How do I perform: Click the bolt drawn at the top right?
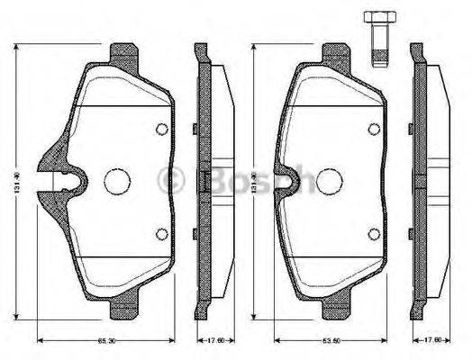point(377,40)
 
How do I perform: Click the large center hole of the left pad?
point(116,181)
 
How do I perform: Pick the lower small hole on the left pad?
point(161,235)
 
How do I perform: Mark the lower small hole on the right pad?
point(374,235)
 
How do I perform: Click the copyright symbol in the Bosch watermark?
point(169,181)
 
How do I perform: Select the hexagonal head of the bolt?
point(377,18)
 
